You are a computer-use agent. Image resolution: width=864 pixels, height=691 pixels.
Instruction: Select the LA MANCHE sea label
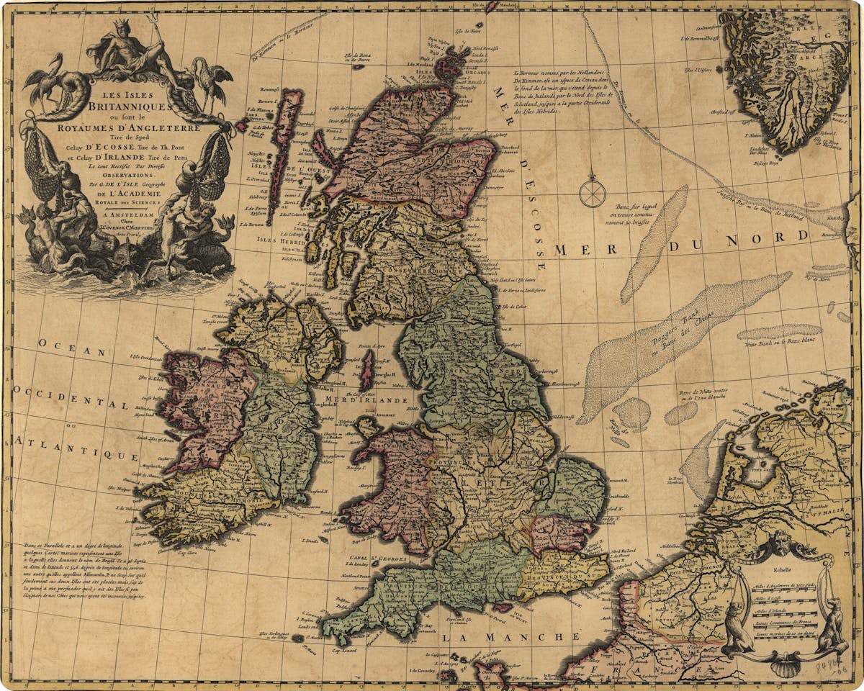coord(510,637)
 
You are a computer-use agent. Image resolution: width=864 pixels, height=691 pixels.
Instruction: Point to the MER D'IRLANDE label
coord(367,400)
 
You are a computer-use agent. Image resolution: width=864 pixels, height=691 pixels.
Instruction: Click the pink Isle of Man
coord(367,370)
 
